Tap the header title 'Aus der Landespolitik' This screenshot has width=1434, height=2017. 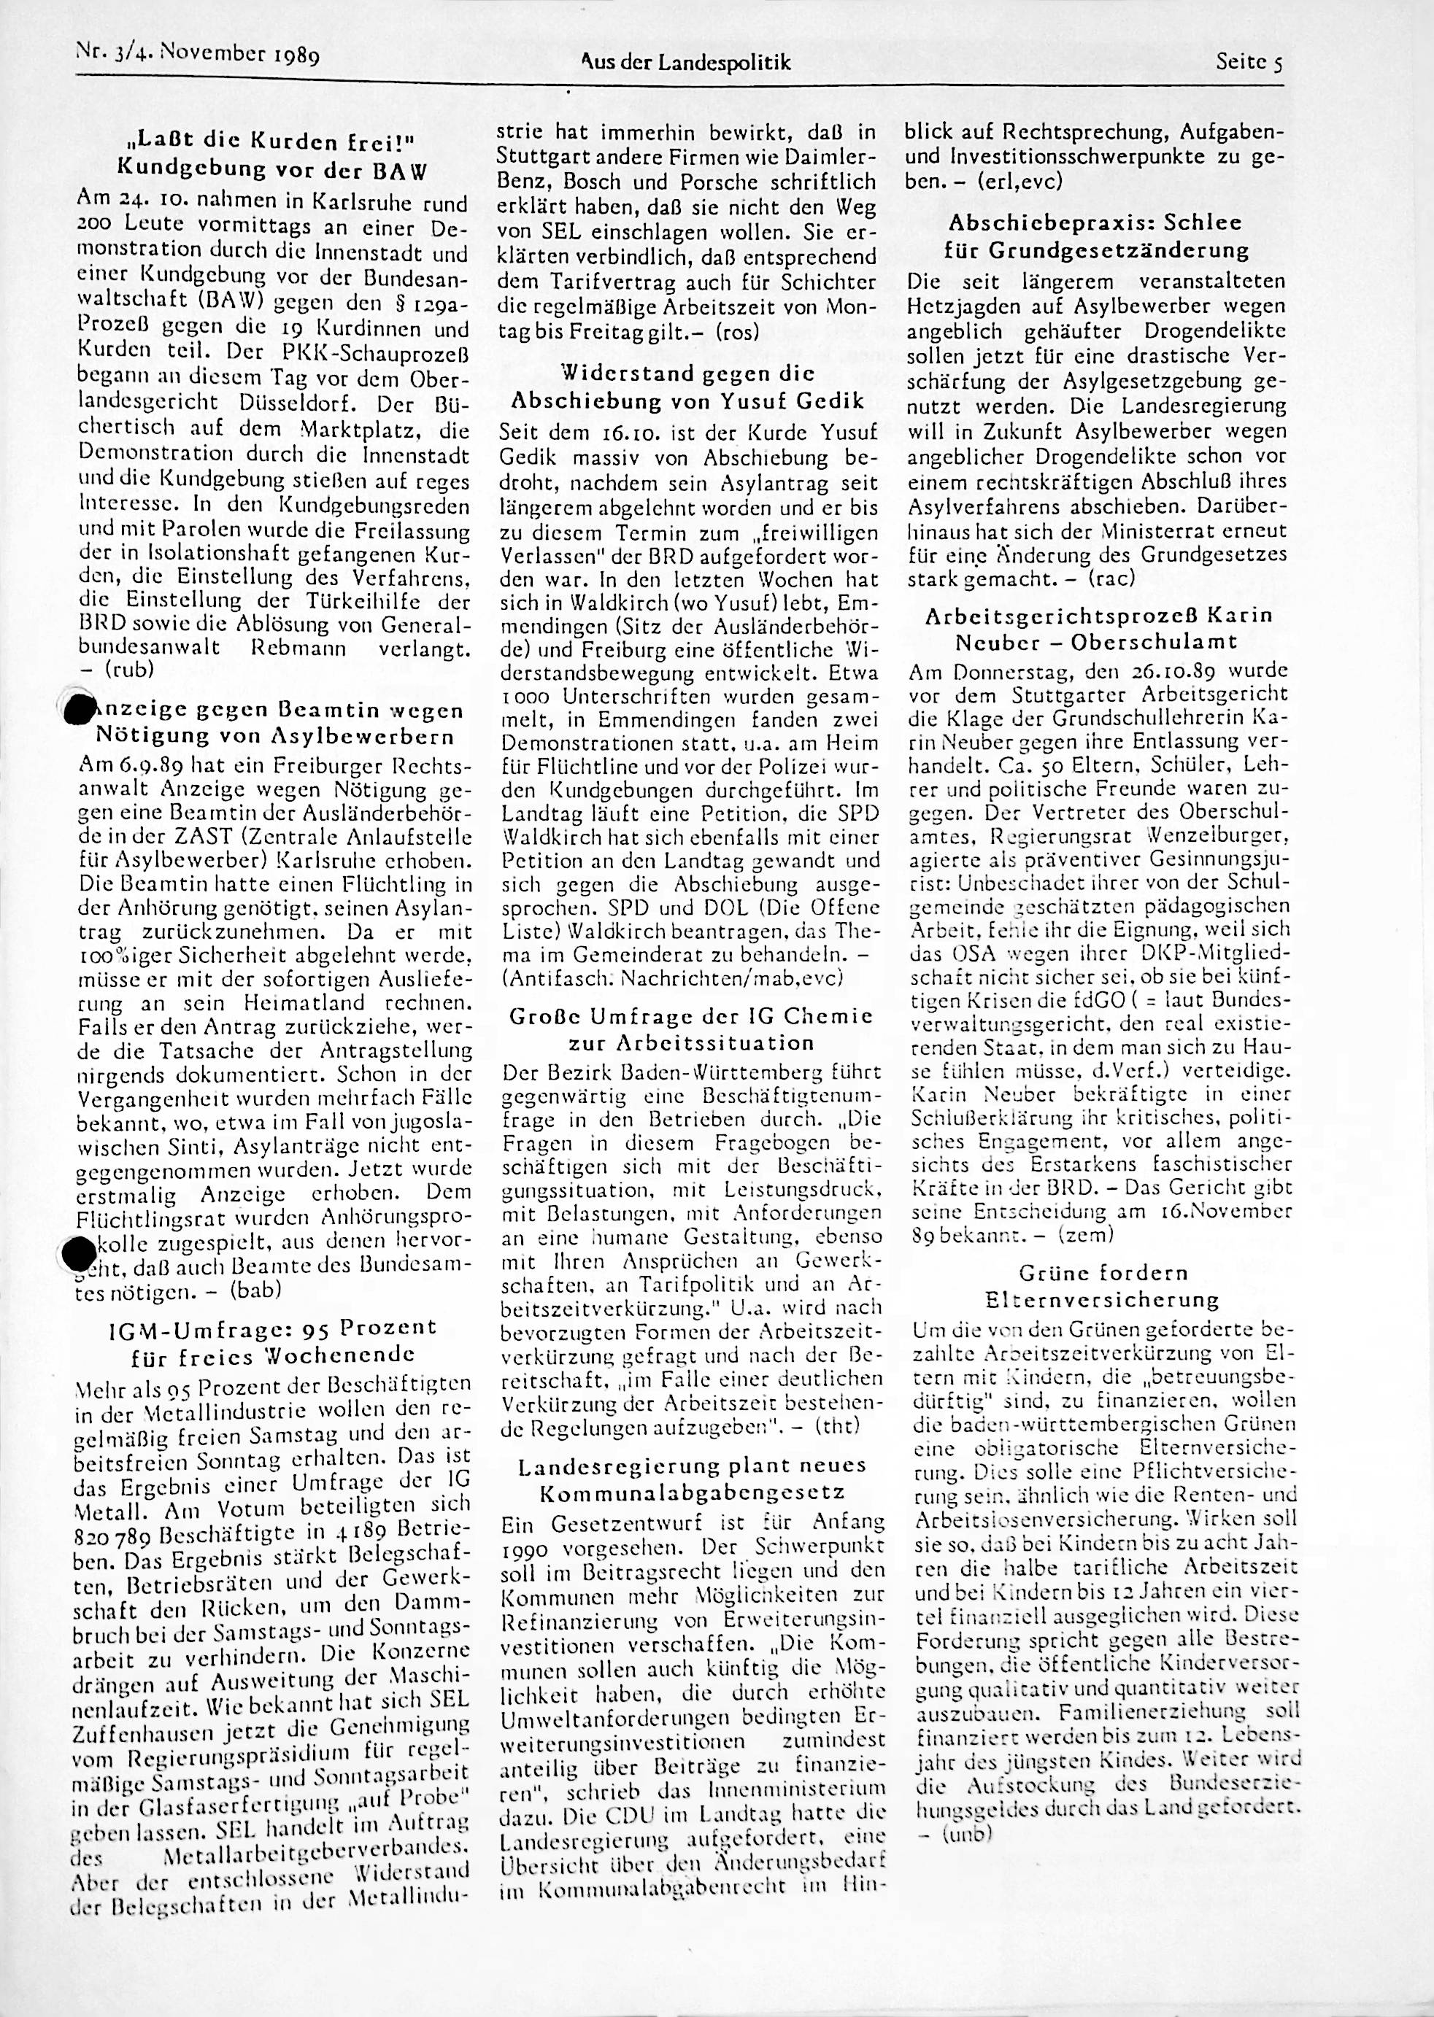tap(685, 63)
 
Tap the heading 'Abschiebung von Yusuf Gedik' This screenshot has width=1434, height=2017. tap(688, 400)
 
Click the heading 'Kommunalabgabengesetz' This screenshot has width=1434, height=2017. tap(691, 1493)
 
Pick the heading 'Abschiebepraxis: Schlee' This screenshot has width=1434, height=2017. tap(1095, 222)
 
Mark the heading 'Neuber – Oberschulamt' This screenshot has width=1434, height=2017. tap(1096, 642)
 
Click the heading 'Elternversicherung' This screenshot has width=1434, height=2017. tap(1101, 1299)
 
